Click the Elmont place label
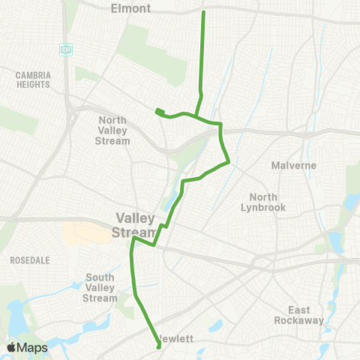130,9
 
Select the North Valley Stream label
115,130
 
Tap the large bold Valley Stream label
136,224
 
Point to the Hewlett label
178,339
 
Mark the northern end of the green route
204,13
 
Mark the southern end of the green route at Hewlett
158,346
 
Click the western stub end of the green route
157,112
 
